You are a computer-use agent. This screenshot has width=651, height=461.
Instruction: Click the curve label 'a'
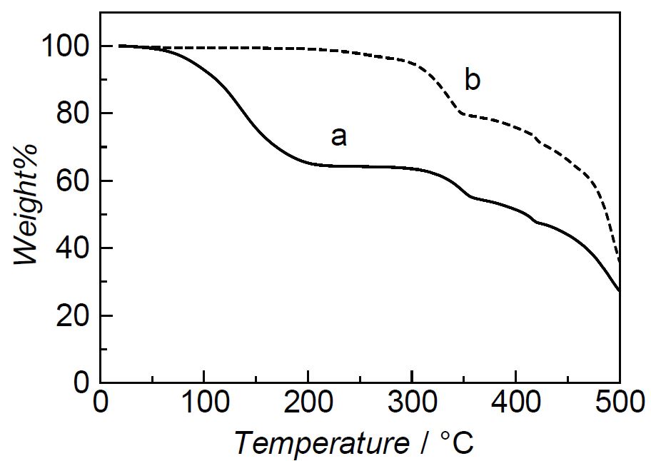click(x=339, y=137)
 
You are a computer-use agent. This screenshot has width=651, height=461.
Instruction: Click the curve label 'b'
click(x=473, y=80)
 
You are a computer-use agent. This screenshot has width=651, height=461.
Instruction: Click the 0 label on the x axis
click(x=101, y=402)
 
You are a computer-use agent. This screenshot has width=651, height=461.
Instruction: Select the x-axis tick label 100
click(x=204, y=402)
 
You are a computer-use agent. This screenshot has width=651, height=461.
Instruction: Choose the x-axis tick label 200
click(x=308, y=402)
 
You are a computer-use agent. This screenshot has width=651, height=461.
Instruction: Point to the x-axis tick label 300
click(x=412, y=402)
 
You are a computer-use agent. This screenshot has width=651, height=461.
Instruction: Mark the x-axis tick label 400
click(x=515, y=402)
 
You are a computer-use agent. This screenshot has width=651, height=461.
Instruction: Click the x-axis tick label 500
click(x=620, y=402)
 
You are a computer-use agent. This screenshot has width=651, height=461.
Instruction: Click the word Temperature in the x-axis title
click(x=322, y=443)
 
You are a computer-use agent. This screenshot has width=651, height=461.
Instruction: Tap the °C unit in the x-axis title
click(x=457, y=442)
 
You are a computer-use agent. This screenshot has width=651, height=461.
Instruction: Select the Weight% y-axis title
click(x=26, y=204)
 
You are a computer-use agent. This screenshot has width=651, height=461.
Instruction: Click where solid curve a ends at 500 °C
click(x=620, y=291)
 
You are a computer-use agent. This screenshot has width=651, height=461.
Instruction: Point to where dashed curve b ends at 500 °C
click(x=620, y=262)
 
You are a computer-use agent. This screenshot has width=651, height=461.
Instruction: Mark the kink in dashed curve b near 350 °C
click(x=462, y=113)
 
